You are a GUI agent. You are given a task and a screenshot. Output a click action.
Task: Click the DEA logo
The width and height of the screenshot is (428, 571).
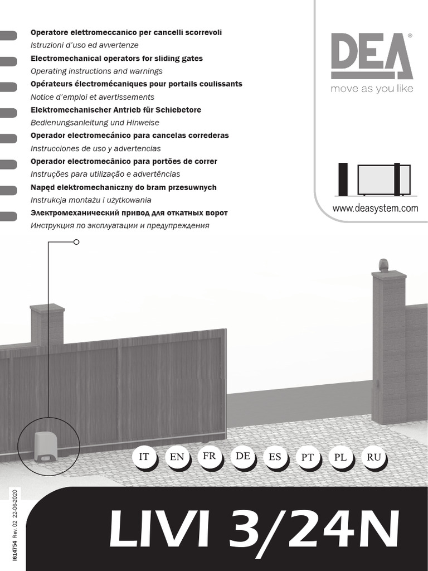(x=371, y=56)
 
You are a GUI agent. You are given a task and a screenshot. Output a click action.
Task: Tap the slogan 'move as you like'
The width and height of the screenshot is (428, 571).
(x=372, y=89)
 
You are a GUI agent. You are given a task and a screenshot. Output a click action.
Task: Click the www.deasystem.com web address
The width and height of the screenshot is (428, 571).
(x=375, y=209)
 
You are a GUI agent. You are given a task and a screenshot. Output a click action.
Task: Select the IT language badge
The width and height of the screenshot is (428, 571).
(x=144, y=457)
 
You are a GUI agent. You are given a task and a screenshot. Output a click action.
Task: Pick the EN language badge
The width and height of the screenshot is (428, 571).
(x=177, y=457)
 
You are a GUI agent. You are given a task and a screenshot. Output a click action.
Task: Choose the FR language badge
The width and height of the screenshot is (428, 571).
(x=209, y=456)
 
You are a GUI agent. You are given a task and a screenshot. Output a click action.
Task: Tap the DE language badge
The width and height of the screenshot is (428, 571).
(x=242, y=456)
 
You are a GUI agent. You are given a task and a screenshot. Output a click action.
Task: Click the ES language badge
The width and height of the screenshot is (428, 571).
(x=275, y=457)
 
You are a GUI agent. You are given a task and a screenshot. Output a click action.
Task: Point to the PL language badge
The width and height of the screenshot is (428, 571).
(x=340, y=457)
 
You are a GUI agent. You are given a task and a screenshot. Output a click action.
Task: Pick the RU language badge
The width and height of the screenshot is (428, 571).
(x=374, y=457)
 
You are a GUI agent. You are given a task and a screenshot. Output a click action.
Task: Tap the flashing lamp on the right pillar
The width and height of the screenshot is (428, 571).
(x=383, y=264)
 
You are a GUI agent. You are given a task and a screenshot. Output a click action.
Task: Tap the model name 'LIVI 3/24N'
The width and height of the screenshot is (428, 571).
(x=254, y=529)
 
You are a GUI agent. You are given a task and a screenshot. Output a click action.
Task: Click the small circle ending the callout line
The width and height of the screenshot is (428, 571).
(x=76, y=242)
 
